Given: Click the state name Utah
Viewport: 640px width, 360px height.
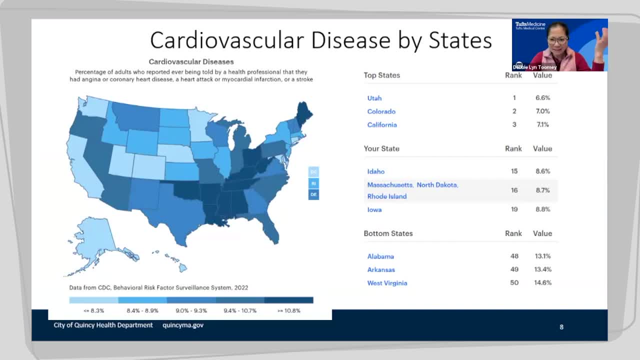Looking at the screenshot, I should (x=374, y=98).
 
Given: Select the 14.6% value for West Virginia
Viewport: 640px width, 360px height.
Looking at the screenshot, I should (x=543, y=282).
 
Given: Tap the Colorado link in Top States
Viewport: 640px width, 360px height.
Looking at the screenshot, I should (x=381, y=111).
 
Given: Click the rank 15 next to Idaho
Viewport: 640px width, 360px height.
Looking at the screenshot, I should (x=514, y=171).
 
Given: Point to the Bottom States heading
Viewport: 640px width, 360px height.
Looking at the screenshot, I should (x=388, y=233).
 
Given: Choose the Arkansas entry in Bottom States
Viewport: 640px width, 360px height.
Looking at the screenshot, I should (x=381, y=269).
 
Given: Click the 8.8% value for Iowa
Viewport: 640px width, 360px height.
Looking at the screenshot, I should (x=542, y=209).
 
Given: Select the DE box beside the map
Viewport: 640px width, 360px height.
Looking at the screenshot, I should (x=313, y=194).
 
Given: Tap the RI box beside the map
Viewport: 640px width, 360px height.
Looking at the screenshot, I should (x=313, y=183).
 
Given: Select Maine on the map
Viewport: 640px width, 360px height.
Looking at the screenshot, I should (x=303, y=112).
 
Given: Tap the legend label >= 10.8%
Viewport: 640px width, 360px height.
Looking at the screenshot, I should (x=289, y=310).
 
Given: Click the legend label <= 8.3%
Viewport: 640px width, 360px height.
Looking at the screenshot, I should (x=94, y=310).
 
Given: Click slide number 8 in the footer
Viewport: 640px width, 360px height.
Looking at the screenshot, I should (x=561, y=327).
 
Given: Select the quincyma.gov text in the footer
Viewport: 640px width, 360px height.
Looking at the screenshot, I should (x=183, y=325).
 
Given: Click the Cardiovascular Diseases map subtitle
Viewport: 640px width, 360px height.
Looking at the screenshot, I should (x=191, y=62).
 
